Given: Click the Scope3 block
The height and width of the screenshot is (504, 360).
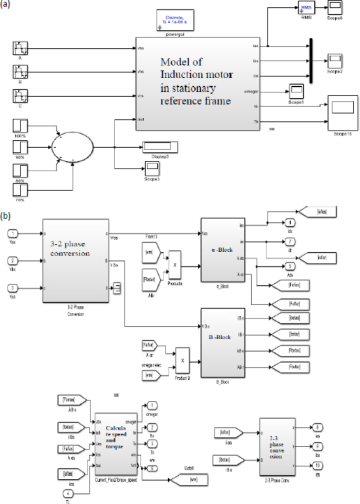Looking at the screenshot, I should pyautogui.click(x=152, y=168).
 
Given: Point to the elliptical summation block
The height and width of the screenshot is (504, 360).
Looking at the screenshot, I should pyautogui.click(x=73, y=147).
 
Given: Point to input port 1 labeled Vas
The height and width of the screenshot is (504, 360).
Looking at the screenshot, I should pyautogui.click(x=14, y=233).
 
